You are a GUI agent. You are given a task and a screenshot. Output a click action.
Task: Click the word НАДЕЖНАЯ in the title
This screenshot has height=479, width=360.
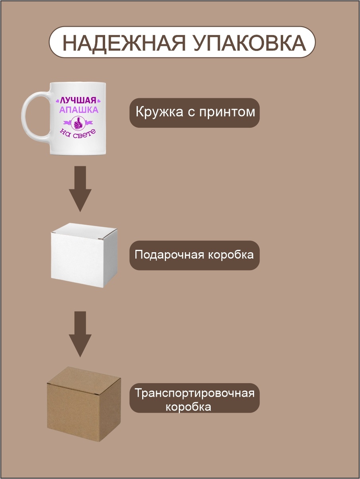124,43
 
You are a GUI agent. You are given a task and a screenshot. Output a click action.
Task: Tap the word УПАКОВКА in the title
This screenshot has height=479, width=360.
249,43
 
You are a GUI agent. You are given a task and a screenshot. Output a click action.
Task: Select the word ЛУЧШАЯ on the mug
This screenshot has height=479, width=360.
78,100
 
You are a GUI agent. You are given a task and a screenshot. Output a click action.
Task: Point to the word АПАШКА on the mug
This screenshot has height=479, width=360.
78,110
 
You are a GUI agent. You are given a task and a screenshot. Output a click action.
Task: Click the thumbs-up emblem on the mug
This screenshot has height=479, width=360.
78,123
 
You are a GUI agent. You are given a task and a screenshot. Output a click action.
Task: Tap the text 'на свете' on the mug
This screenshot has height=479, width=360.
78,134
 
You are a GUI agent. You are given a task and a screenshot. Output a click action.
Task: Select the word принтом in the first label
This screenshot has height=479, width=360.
227,113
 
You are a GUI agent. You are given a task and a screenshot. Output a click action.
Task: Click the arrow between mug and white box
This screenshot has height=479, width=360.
80,189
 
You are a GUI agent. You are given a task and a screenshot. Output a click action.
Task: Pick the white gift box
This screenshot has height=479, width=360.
84,255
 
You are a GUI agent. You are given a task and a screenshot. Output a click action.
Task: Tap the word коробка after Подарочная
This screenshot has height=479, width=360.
231,255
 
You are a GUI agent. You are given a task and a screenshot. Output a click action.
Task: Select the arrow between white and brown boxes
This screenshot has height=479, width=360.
80,334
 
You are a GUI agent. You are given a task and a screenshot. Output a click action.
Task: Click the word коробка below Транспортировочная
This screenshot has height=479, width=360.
188,407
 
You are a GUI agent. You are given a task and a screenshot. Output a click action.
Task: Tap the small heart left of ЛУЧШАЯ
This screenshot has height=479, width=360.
58,101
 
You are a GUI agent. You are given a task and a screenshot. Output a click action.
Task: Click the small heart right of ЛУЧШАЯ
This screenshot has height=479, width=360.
98,101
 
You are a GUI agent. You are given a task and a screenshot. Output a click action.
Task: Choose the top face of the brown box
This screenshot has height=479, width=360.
84,381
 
